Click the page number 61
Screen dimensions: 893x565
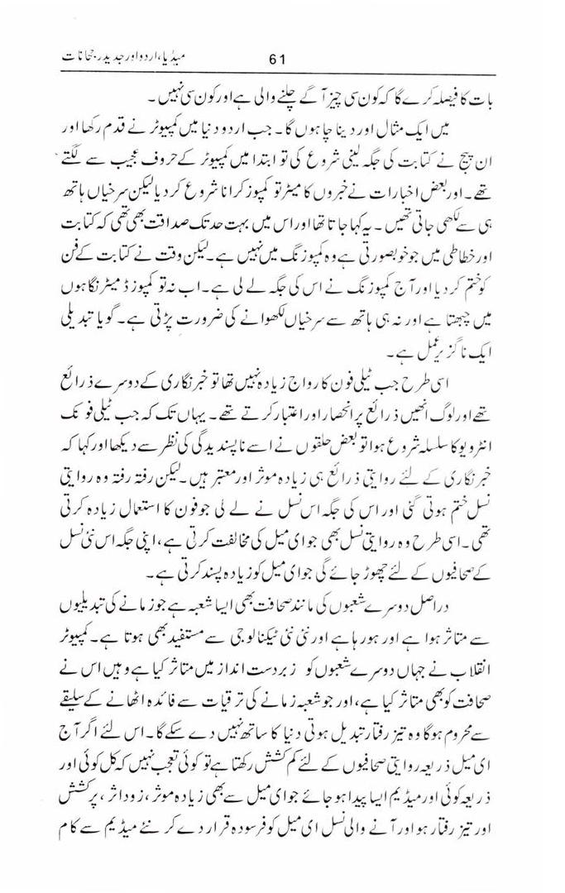click(x=276, y=59)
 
